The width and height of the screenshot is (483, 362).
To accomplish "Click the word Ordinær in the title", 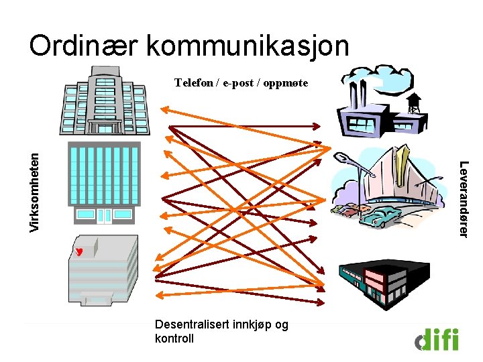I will [x=83, y=46].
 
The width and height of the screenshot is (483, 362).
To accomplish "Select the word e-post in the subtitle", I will [x=237, y=83].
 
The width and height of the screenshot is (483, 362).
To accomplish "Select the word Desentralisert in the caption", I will [x=189, y=324].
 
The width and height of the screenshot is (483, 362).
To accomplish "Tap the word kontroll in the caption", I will [x=174, y=338].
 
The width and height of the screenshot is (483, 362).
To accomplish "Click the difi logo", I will [x=437, y=339].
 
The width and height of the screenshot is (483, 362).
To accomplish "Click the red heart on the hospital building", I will [x=79, y=252].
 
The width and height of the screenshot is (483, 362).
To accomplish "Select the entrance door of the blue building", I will [x=104, y=215].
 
